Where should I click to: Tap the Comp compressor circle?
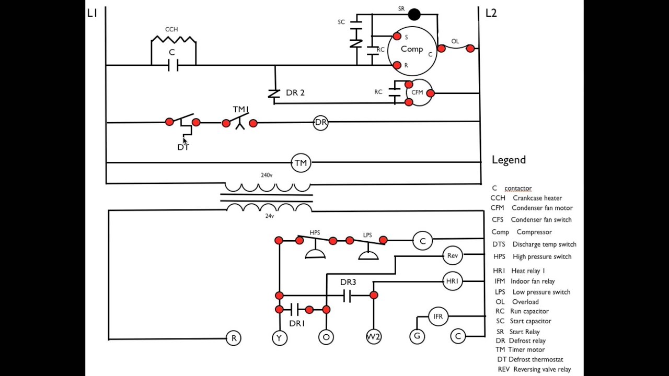coord(388,51)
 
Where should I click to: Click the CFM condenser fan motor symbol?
coord(419,80)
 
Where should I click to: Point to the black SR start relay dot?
coord(414,14)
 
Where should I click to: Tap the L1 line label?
coord(93,13)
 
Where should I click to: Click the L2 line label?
coord(491,13)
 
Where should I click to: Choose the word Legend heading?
coord(509,160)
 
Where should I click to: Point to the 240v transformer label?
coord(267,175)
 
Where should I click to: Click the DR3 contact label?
coord(348,282)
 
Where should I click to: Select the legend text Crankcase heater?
coord(537,198)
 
